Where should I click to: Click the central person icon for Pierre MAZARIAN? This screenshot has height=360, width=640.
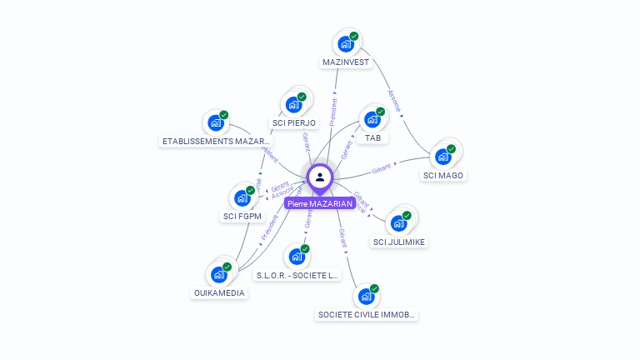[x=320, y=177]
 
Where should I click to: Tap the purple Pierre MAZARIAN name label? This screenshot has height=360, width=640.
[x=320, y=203]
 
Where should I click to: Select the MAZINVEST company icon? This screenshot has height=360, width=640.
[x=344, y=43]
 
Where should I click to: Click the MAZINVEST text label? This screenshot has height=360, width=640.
[x=346, y=62]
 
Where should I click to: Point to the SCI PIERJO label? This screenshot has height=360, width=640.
[x=294, y=123]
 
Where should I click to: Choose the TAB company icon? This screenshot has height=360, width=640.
[x=371, y=119]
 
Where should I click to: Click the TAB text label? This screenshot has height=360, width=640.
[x=372, y=137]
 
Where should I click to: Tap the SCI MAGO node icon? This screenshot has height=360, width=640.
[x=442, y=157]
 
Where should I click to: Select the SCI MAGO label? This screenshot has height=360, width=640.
[x=443, y=175]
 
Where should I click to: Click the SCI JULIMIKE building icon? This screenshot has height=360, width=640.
[x=398, y=223]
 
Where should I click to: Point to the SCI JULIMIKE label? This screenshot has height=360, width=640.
[x=399, y=242]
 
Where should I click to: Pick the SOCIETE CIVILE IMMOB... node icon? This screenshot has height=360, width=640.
[x=365, y=297]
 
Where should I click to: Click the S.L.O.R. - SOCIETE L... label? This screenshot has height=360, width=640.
[x=297, y=275]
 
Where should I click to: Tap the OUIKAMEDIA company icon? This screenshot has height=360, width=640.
[x=218, y=274]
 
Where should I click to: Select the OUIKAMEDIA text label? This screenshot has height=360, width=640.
[x=219, y=292]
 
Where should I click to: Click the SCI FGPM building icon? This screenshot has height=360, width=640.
[x=241, y=197]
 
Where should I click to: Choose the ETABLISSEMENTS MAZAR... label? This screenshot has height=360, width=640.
[x=217, y=142]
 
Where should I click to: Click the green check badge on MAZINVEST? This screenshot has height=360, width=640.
[x=354, y=37]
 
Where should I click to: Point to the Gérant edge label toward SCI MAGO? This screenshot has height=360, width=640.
[x=382, y=169]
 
